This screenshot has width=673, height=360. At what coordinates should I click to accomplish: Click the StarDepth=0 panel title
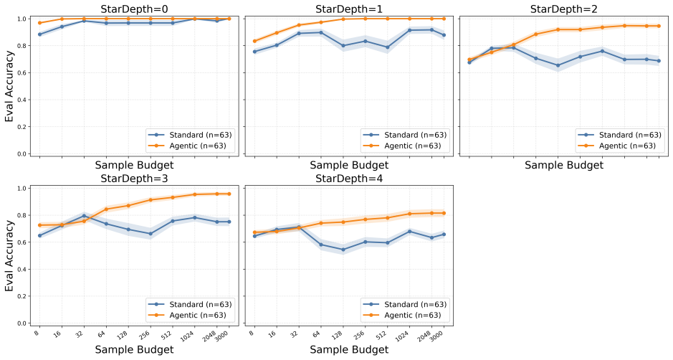click(134, 9)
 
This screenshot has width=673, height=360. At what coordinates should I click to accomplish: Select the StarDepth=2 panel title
click(564, 9)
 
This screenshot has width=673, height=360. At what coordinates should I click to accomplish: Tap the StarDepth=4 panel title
click(349, 179)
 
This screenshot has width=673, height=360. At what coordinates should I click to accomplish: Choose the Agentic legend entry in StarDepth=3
click(198, 315)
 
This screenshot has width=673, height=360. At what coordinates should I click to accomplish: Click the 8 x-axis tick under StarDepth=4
click(252, 332)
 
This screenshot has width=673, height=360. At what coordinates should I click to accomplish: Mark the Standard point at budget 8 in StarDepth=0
click(40, 34)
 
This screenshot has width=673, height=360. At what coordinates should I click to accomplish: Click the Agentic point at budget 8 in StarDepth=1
click(254, 42)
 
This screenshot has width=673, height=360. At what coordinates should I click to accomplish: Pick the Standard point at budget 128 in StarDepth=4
click(343, 250)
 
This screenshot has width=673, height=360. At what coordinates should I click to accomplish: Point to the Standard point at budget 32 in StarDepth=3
click(84, 216)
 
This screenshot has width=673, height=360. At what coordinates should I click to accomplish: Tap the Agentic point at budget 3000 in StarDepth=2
click(659, 26)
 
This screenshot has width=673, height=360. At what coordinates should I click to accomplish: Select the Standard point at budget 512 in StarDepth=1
click(388, 47)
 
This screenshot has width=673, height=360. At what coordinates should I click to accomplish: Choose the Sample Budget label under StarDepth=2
click(564, 166)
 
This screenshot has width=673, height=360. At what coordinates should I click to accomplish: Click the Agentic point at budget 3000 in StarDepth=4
click(444, 213)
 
